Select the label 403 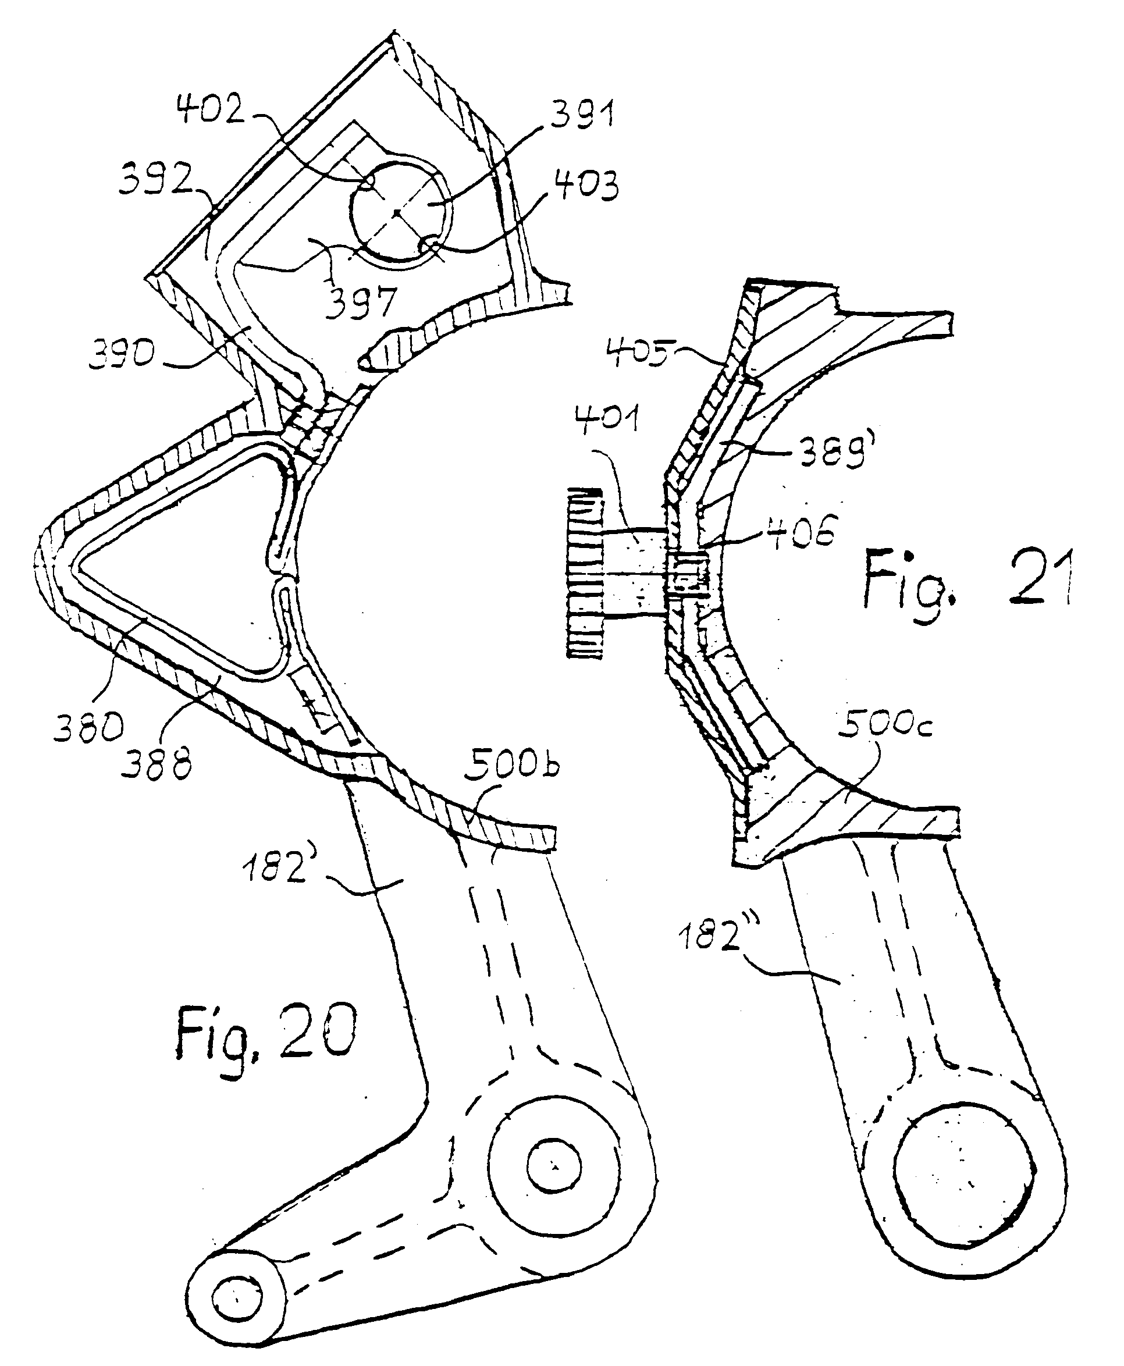click(585, 186)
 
